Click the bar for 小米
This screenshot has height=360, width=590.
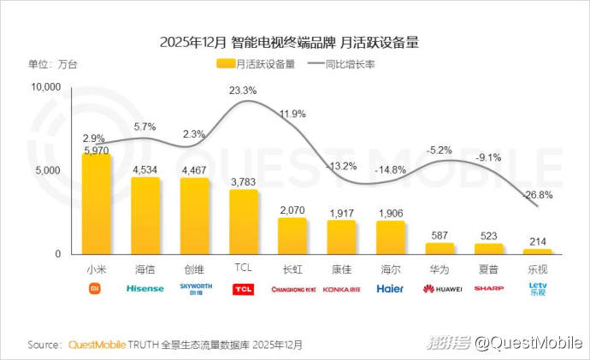(96, 204)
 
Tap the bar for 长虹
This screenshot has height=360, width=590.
(292, 236)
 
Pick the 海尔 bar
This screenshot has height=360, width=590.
(391, 237)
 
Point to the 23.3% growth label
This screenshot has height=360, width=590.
(243, 90)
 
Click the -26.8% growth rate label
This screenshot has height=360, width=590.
(539, 194)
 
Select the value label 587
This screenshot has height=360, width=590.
(440, 235)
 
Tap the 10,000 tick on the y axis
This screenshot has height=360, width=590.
(46, 87)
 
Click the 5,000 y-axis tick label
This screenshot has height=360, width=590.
(50, 171)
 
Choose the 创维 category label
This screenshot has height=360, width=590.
(194, 269)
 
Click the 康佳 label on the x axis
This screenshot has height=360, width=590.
(341, 269)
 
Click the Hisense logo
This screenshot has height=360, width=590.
(145, 288)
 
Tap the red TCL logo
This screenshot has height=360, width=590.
(243, 289)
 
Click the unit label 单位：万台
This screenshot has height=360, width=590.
(52, 63)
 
